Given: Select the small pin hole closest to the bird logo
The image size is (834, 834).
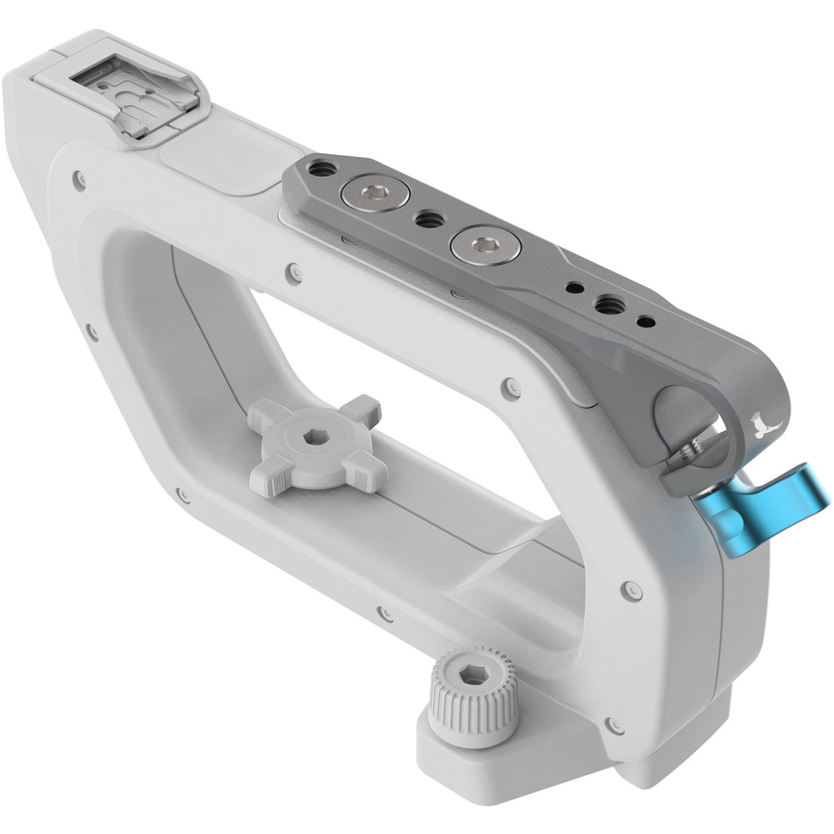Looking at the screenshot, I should (x=646, y=322).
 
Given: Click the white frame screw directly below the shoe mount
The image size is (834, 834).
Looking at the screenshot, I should (x=79, y=181).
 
